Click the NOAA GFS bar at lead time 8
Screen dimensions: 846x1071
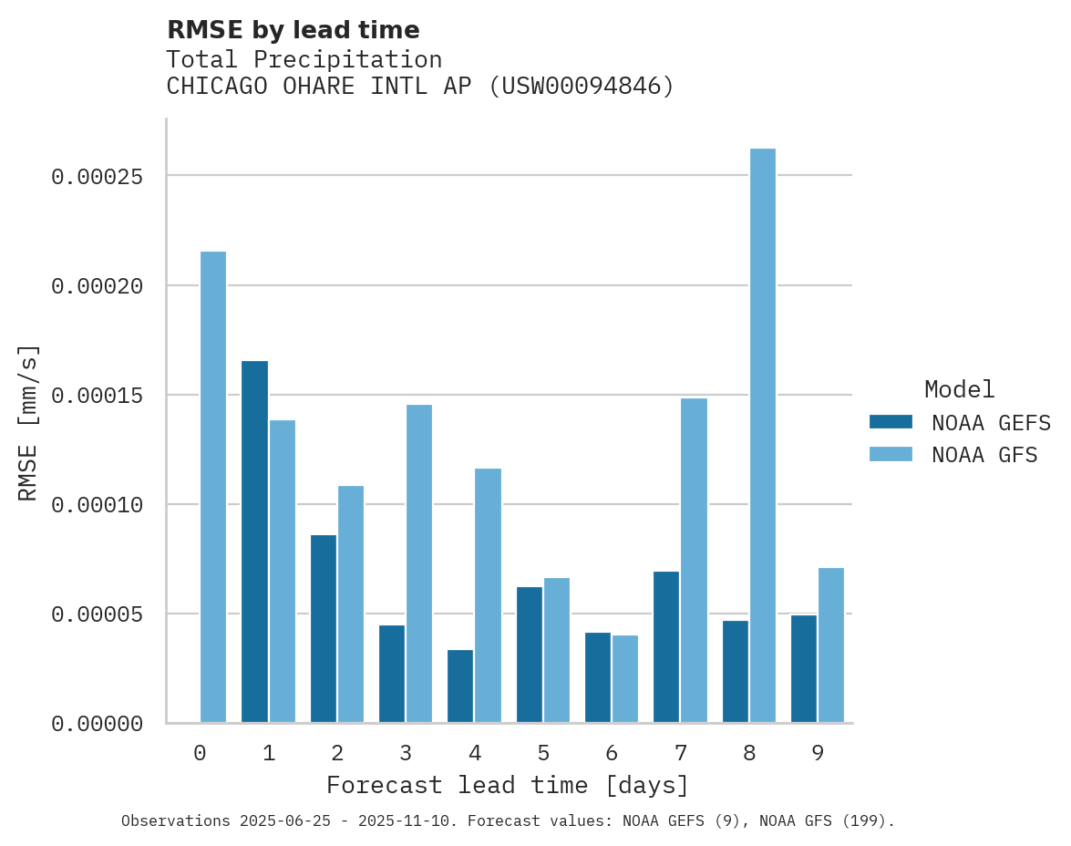762,436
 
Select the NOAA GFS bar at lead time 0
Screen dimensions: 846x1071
213,487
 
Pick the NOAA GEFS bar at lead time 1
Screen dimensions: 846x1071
254,542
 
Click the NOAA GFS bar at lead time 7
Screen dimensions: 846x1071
694,561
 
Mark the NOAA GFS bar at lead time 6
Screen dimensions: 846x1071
625,678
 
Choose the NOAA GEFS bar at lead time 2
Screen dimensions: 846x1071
324,628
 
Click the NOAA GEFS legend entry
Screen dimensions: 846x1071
953,422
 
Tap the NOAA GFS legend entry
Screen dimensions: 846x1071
953,454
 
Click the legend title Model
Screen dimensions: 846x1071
959,389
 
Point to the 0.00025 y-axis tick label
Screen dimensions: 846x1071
97,176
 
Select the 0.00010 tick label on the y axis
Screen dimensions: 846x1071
97,505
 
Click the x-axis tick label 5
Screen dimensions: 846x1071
543,753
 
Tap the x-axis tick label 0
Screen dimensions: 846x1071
200,753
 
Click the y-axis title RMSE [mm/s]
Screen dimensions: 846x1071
28,422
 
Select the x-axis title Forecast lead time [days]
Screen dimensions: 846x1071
508,785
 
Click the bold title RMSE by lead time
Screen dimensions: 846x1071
293,30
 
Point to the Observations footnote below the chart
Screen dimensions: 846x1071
508,821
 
